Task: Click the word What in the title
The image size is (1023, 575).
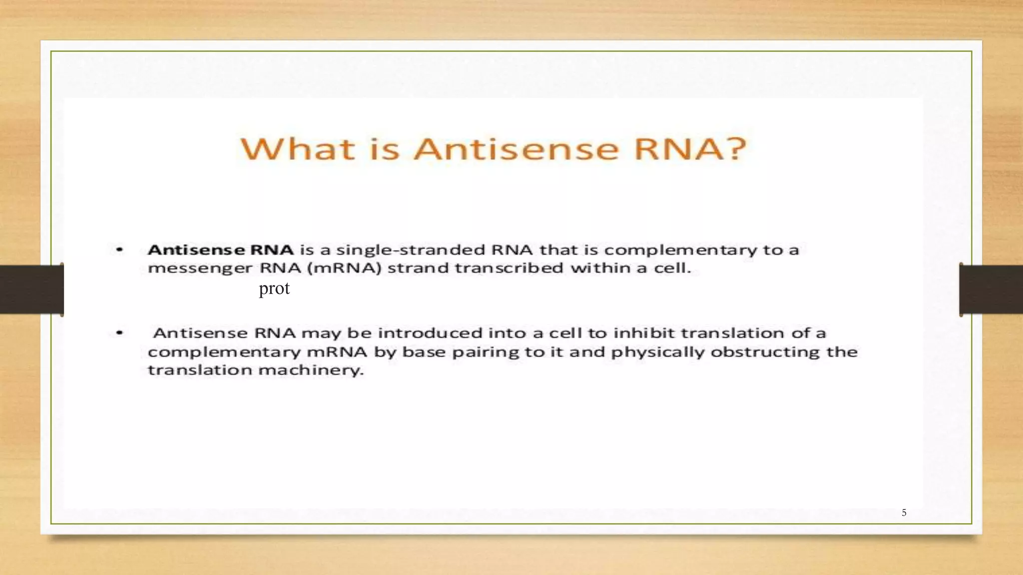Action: pyautogui.click(x=298, y=149)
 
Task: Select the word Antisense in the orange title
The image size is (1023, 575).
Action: pyautogui.click(x=516, y=149)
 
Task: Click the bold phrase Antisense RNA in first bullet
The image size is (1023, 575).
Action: pyautogui.click(x=220, y=250)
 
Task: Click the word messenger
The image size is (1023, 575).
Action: pyautogui.click(x=200, y=269)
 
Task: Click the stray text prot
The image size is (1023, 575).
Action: pyautogui.click(x=274, y=288)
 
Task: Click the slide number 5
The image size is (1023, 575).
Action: pyautogui.click(x=904, y=513)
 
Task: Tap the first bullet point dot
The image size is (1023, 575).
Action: pyautogui.click(x=119, y=249)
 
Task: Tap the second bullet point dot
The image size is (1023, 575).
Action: pyautogui.click(x=119, y=332)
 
